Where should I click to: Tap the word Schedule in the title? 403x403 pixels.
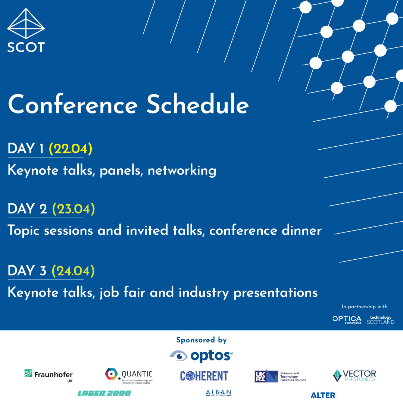point(197,105)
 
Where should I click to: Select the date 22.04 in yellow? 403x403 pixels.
point(71,149)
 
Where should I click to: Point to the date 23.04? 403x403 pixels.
point(74,209)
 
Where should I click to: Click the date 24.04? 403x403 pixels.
point(73,271)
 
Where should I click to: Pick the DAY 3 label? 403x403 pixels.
point(27,271)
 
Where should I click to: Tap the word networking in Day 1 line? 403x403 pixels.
point(182,171)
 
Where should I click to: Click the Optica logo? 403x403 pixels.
point(347,319)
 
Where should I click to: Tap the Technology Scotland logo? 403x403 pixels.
point(381,320)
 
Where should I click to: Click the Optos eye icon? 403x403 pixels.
point(178,356)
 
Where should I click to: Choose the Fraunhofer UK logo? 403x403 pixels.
point(49,375)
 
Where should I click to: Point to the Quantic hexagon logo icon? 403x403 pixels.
point(112,374)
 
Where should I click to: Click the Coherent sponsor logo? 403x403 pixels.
point(204,376)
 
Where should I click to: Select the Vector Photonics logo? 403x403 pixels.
point(354,375)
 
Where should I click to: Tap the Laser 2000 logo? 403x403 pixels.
point(104,393)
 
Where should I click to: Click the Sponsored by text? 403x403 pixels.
point(201,340)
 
